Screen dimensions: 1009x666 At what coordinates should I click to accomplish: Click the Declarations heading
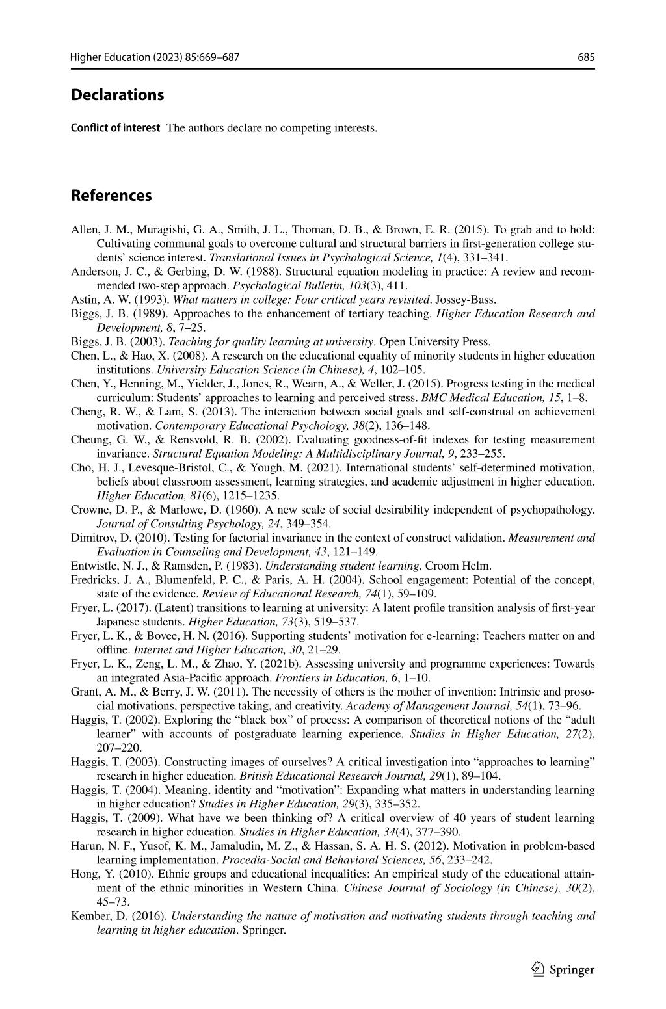(117, 95)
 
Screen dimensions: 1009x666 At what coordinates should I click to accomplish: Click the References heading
(111, 196)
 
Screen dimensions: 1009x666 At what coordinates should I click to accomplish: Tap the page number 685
(586, 57)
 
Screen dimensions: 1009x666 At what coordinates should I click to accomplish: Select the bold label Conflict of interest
(115, 128)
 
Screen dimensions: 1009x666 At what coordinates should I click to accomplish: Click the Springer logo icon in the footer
(537, 969)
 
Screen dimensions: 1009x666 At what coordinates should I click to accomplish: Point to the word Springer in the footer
(572, 970)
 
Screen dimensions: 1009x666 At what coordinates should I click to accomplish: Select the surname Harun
(86, 846)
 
